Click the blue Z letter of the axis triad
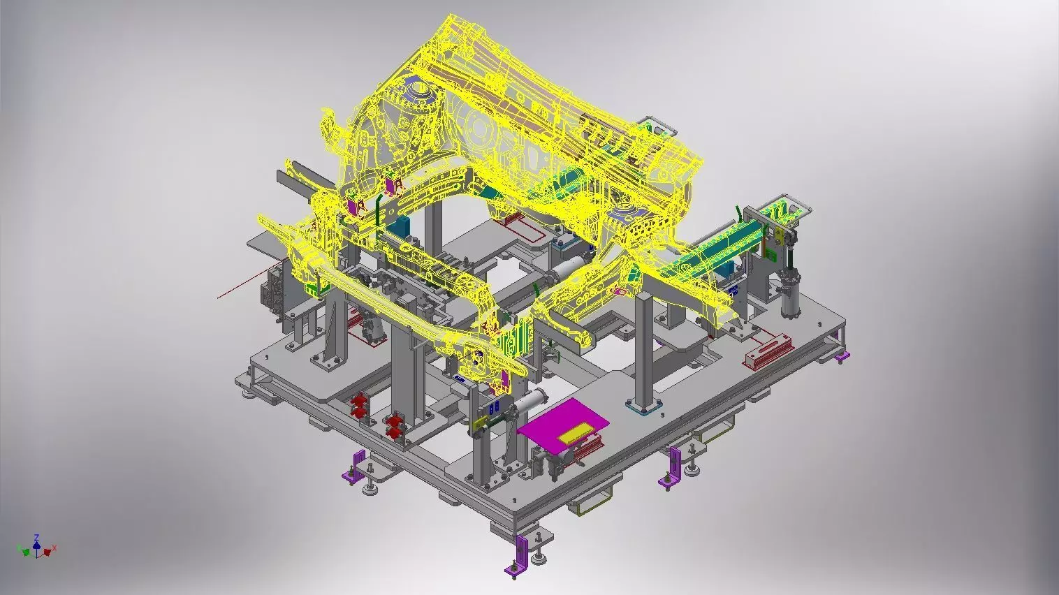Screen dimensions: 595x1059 [36, 538]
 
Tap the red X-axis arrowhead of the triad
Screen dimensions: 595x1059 [48, 552]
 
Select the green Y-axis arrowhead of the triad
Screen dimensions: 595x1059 [26, 552]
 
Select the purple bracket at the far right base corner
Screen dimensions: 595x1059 [842, 357]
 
